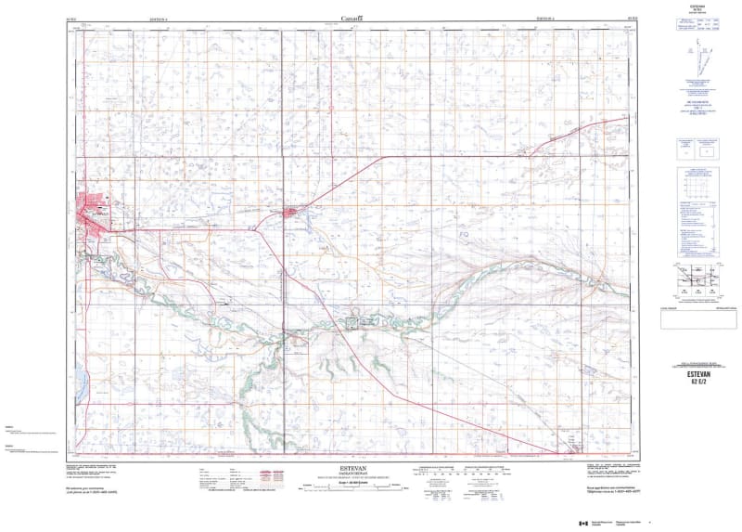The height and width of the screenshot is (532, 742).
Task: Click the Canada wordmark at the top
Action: (352, 16)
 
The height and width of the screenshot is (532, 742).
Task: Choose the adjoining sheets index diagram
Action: (697, 279)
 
